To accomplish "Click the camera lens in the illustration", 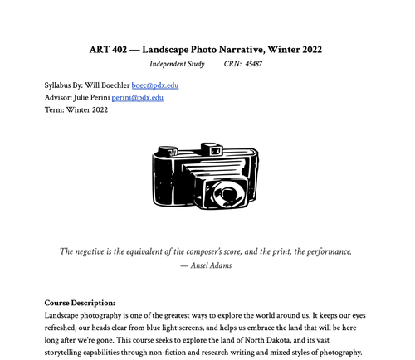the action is click(x=223, y=196).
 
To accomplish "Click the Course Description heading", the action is click(x=80, y=303).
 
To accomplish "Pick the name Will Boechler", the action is click(x=105, y=85).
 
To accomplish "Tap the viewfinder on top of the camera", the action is click(x=208, y=151).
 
